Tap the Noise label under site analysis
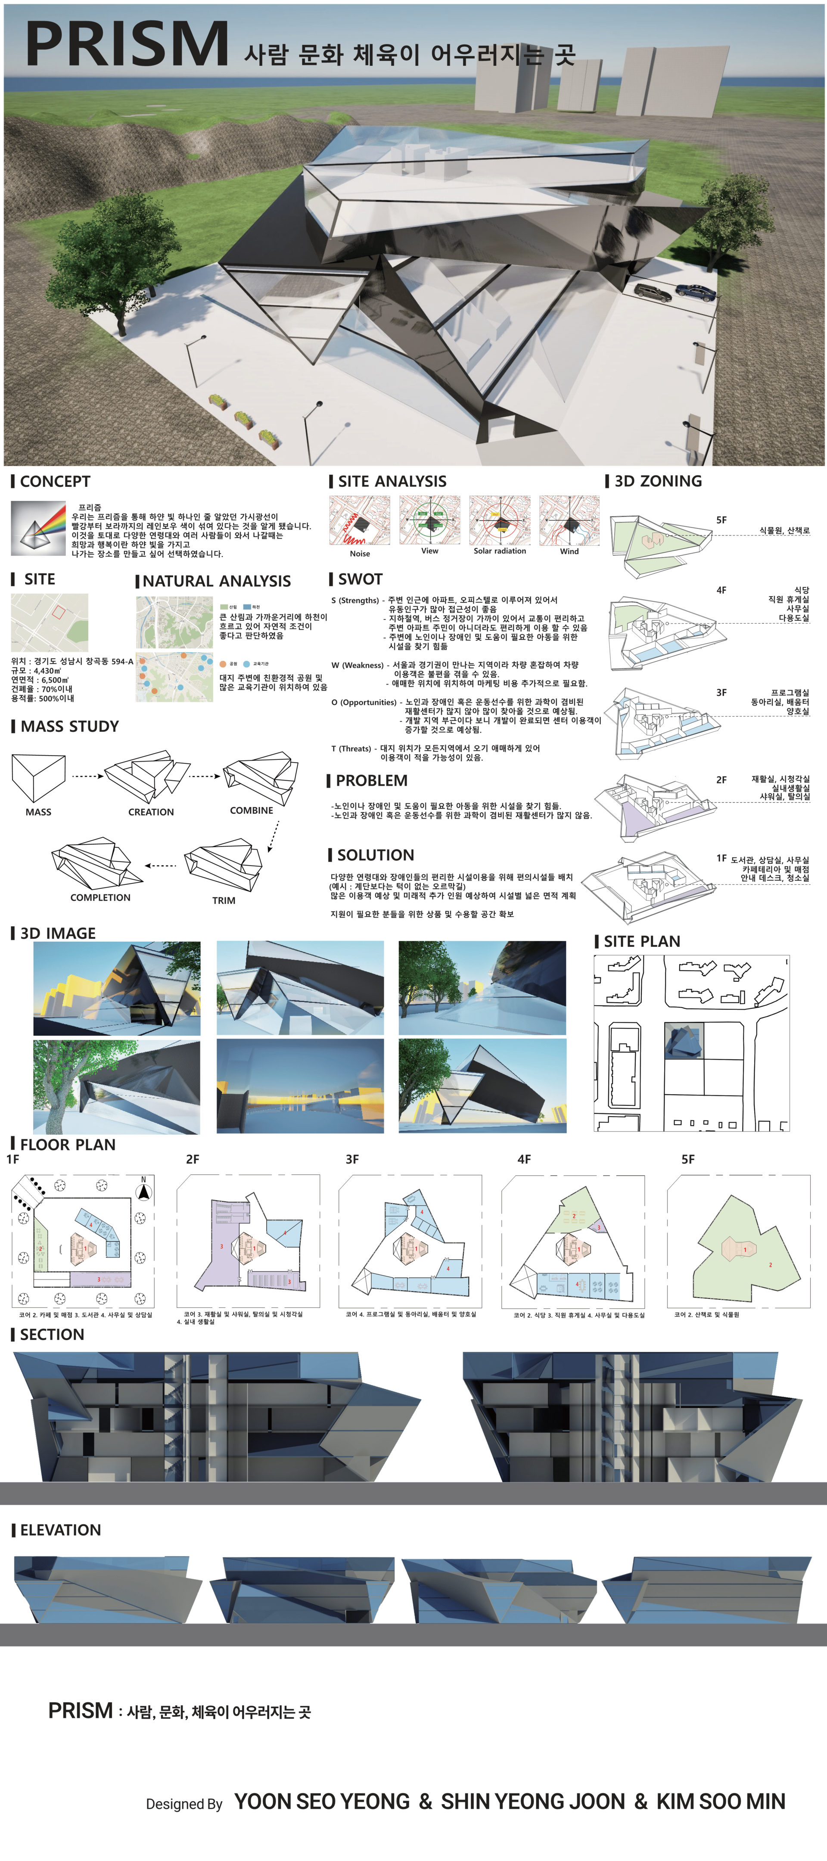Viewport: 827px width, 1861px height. click(360, 554)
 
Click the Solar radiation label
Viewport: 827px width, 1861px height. click(500, 551)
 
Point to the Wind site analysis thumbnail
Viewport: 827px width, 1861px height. click(569, 520)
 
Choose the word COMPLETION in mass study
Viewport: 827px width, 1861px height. click(100, 897)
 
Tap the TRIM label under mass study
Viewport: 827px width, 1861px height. click(224, 900)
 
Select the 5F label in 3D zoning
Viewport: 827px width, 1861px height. click(721, 520)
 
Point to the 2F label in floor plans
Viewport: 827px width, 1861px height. click(192, 1160)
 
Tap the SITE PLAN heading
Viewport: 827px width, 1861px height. click(641, 941)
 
